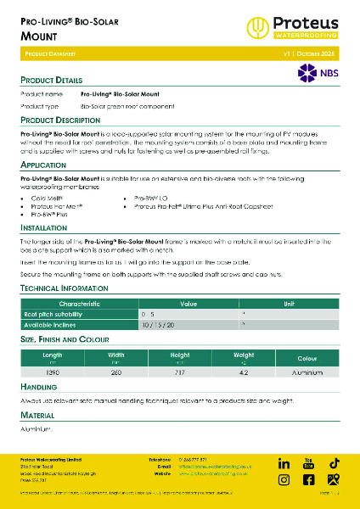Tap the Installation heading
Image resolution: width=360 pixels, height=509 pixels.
click(x=44, y=228)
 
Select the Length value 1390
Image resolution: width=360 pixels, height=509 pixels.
click(x=52, y=372)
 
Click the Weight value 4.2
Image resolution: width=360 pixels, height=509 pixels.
click(x=243, y=372)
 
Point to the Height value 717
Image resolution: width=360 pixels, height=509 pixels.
click(x=179, y=372)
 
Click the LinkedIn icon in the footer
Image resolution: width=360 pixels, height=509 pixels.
click(x=284, y=463)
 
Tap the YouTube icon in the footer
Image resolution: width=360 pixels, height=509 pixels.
click(x=309, y=463)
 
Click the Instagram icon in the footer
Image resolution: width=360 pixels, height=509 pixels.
click(x=284, y=480)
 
